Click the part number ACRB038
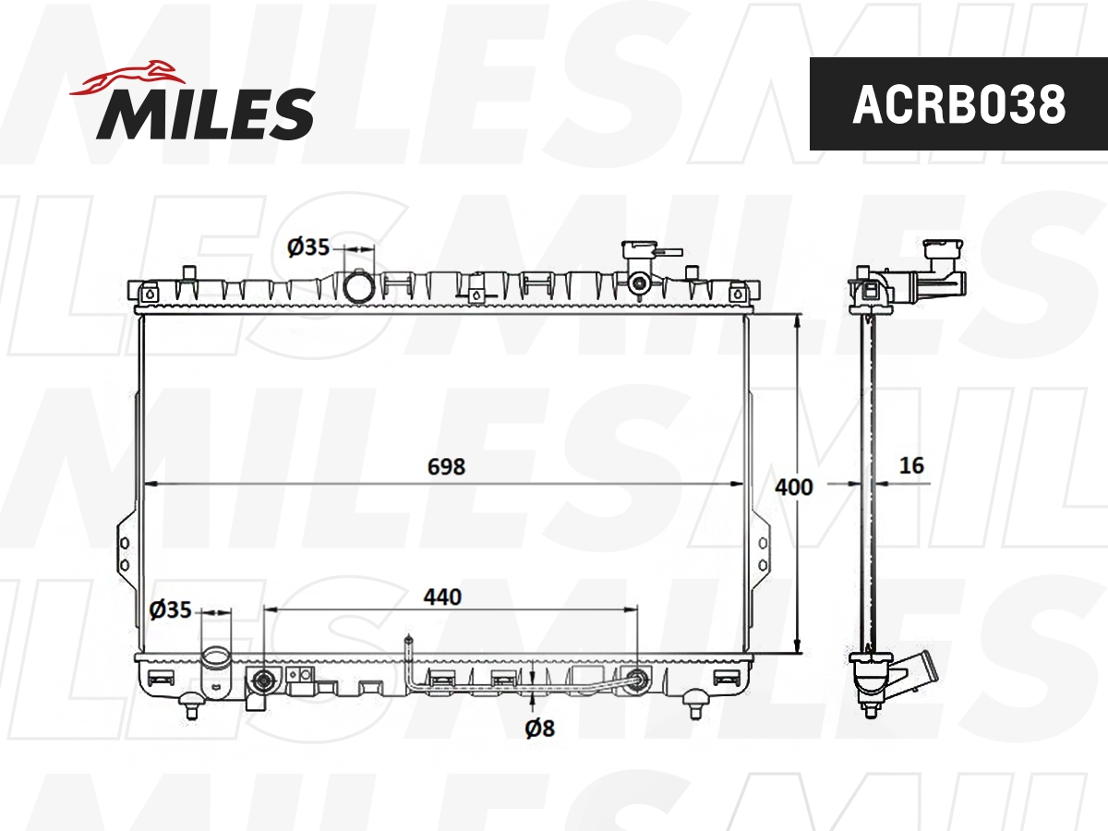tap(958, 104)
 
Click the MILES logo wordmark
tap(205, 114)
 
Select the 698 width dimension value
tap(446, 466)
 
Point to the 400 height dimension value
tap(793, 486)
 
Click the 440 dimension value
tap(442, 596)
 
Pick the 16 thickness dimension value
tap(911, 465)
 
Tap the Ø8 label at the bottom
tap(539, 729)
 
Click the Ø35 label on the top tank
tap(307, 247)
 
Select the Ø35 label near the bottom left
tap(170, 609)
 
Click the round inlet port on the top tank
tap(358, 285)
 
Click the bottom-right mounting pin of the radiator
tap(696, 708)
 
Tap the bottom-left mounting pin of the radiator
tap(192, 708)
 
